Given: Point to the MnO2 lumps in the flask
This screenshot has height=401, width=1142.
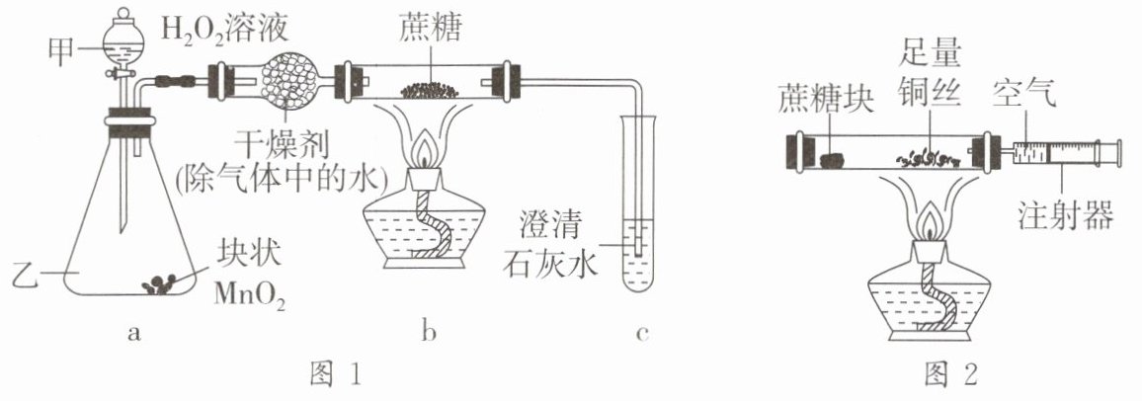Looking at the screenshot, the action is tap(160, 283).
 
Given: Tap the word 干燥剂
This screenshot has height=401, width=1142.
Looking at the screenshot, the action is tap(285, 148).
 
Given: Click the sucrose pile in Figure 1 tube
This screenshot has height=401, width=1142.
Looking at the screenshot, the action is tap(430, 90).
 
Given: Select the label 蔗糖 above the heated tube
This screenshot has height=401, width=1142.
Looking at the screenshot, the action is tap(431, 29).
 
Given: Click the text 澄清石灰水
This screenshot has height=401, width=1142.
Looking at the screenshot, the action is tap(550, 246).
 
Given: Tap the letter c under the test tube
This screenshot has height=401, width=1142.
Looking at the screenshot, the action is tap(641, 334).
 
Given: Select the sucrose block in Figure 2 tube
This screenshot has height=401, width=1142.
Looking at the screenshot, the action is tap(830, 159).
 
